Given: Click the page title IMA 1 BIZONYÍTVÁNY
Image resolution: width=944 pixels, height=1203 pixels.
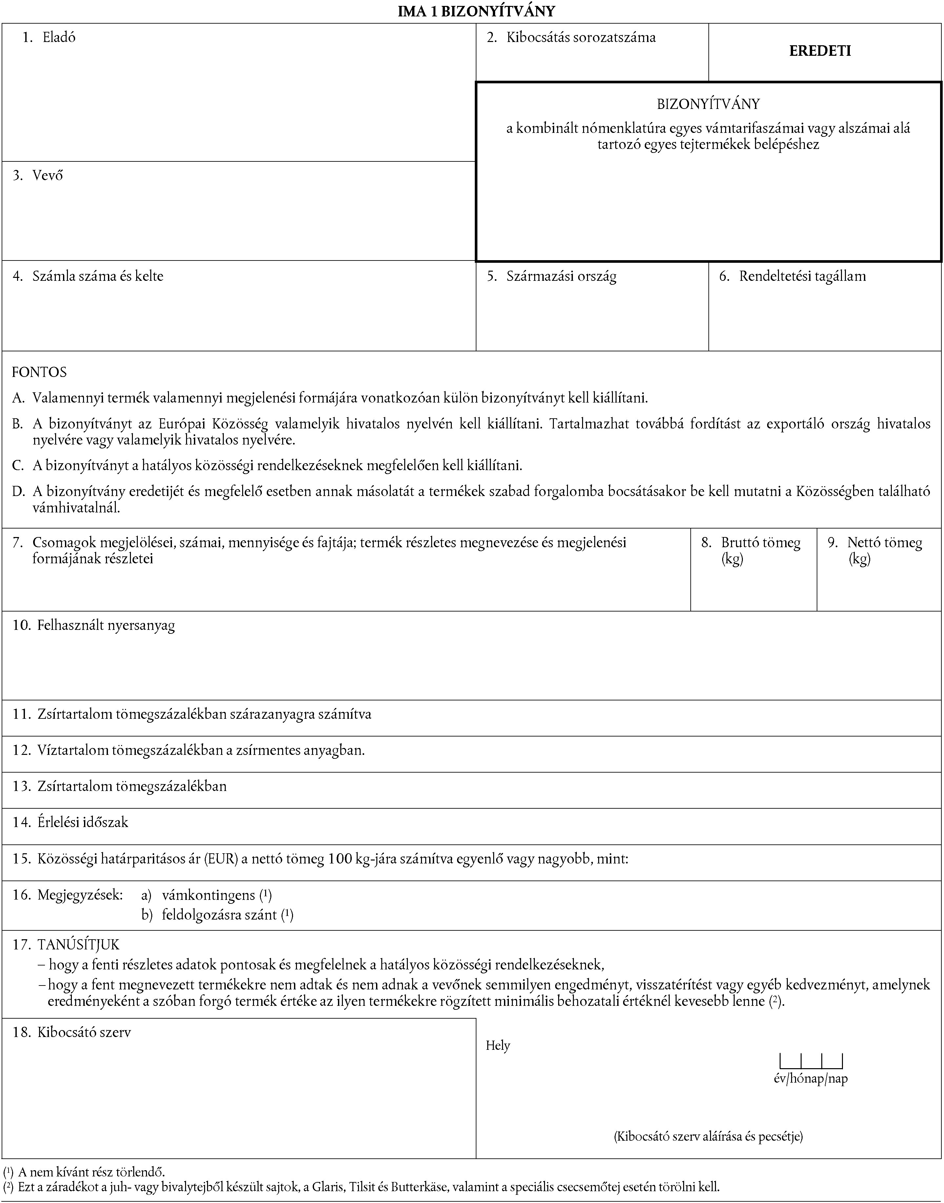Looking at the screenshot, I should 476,11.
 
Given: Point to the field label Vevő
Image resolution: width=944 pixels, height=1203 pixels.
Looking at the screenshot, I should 48,176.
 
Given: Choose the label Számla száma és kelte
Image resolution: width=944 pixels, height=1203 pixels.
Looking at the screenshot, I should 98,276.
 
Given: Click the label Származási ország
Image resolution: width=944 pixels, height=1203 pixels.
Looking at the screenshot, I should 561,276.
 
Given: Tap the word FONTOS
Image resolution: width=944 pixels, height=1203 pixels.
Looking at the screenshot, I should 39,372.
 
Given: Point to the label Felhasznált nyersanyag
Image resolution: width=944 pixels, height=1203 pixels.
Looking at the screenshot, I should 106,626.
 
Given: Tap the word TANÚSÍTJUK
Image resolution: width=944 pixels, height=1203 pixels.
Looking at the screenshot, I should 78,944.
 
